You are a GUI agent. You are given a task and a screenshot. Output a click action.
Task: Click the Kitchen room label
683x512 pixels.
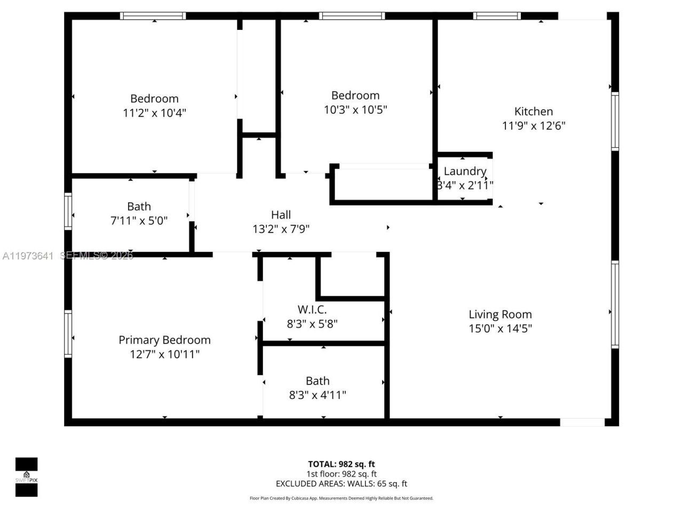(x=533, y=111)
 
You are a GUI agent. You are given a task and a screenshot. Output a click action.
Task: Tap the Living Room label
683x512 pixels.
(x=500, y=315)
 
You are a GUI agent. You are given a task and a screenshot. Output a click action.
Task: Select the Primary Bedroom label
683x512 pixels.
(x=164, y=340)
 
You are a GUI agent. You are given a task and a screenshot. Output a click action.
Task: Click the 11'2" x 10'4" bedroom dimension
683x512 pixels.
(x=154, y=113)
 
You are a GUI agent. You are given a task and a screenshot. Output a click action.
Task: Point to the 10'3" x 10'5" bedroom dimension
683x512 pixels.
(x=355, y=110)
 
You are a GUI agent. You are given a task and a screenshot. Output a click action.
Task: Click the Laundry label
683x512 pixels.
(x=465, y=171)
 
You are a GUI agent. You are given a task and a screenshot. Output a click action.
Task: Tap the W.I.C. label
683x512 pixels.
(x=312, y=309)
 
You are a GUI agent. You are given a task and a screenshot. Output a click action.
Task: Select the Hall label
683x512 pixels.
(x=281, y=215)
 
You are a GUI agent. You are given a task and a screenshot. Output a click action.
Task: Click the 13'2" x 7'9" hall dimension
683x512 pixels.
(x=281, y=229)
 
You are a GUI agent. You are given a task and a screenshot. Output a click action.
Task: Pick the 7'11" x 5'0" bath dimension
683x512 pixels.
(x=139, y=221)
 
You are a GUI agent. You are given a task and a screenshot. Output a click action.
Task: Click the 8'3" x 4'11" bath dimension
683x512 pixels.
(x=317, y=395)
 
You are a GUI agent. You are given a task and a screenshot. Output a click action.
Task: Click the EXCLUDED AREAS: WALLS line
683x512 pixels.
(x=341, y=484)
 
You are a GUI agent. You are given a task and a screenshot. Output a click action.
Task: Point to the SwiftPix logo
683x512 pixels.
(x=26, y=477)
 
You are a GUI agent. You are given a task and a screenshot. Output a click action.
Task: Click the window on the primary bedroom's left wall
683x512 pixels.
(x=68, y=334)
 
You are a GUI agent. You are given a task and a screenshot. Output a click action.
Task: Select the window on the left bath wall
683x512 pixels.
(x=68, y=211)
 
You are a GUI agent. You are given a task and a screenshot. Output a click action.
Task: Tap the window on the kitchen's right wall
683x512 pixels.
(x=615, y=121)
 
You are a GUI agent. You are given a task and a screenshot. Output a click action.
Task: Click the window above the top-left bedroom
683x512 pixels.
(x=153, y=16)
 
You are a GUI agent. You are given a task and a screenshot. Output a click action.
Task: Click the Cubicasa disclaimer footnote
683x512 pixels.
(x=341, y=498)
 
